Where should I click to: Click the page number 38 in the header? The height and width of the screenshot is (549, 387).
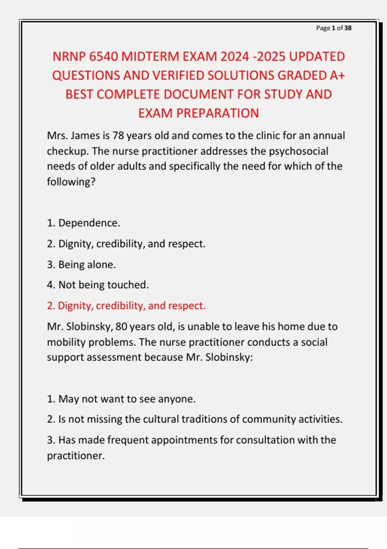click(348, 28)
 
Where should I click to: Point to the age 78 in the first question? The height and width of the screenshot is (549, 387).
click(118, 136)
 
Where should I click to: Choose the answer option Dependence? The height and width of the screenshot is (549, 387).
click(89, 223)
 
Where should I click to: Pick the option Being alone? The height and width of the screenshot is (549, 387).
click(87, 265)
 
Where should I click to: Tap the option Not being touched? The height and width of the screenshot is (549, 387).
click(103, 285)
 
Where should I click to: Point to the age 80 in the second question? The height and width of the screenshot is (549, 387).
click(121, 327)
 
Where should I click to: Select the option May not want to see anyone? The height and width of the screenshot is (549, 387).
click(127, 399)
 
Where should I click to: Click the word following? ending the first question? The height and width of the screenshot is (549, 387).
click(71, 182)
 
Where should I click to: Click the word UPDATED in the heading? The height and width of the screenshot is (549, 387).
click(317, 57)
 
